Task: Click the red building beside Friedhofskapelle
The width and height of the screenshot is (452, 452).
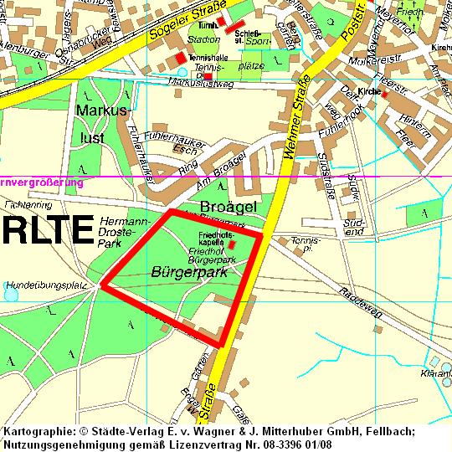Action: pos(232,244)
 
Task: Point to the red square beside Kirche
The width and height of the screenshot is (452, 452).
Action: pos(384,94)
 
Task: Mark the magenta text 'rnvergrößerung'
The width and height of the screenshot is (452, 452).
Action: pos(42,181)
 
